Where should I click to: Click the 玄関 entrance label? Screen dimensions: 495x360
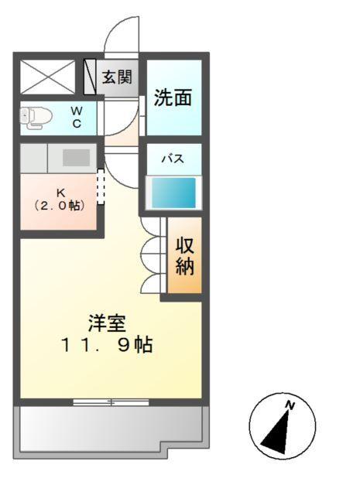[x=117, y=77]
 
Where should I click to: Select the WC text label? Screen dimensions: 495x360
[x=77, y=118]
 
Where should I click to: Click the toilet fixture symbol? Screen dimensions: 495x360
[x=36, y=118]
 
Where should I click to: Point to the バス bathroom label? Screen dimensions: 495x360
[x=172, y=159]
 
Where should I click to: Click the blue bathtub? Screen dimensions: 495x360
[x=173, y=193]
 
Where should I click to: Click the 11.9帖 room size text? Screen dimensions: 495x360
[x=107, y=345]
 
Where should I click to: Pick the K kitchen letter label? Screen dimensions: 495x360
[x=59, y=193]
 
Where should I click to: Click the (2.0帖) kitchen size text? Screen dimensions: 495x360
[x=59, y=206]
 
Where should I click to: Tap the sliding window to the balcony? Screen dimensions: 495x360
[x=111, y=401]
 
